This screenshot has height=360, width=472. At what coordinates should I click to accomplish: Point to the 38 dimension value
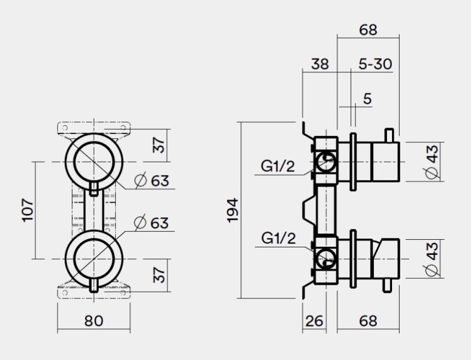pyautogui.click(x=320, y=64)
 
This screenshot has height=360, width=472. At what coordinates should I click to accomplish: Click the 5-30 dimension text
pyautogui.click(x=376, y=64)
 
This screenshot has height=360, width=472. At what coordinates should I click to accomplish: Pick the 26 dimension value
pyautogui.click(x=315, y=321)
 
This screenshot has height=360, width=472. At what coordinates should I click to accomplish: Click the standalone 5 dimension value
pyautogui.click(x=368, y=99)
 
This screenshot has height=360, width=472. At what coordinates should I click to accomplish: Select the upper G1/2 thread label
pyautogui.click(x=278, y=167)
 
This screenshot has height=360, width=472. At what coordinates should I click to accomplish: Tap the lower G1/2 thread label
pyautogui.click(x=278, y=239)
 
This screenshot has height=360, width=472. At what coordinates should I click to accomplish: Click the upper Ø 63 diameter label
pyautogui.click(x=152, y=181)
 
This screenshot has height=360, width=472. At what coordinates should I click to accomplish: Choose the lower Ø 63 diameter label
pyautogui.click(x=152, y=222)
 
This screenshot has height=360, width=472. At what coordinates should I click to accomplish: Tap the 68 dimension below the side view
pyautogui.click(x=369, y=321)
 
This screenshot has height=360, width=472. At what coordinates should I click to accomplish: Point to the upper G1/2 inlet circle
pyautogui.click(x=326, y=163)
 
